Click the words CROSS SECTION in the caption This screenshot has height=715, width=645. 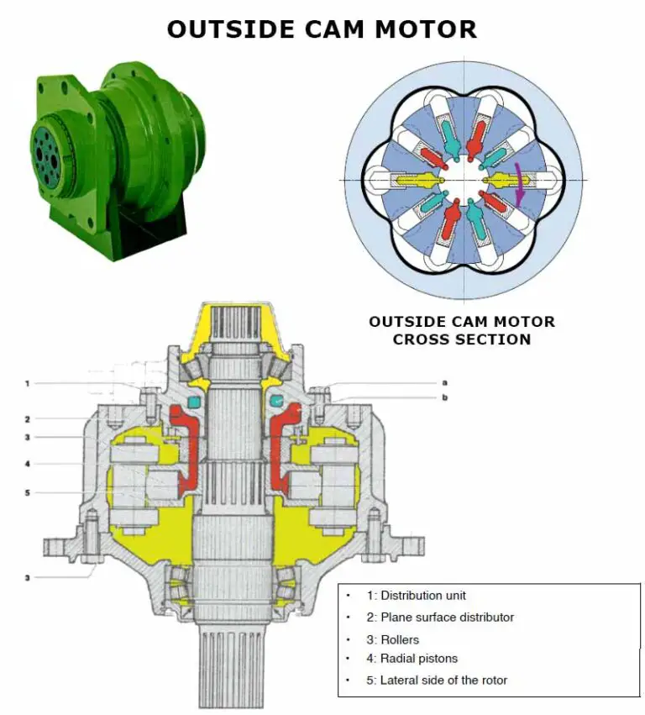click(462, 340)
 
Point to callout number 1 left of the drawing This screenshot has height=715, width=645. click(27, 384)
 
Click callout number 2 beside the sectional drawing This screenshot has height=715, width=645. click(27, 418)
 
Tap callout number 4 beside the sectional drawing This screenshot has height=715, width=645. click(27, 463)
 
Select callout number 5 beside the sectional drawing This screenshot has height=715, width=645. click(27, 492)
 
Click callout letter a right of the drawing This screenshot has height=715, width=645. click(444, 382)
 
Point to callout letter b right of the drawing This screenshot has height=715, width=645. click(444, 397)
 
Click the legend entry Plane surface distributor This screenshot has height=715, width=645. click(439, 618)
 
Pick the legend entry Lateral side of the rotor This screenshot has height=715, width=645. click(437, 681)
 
